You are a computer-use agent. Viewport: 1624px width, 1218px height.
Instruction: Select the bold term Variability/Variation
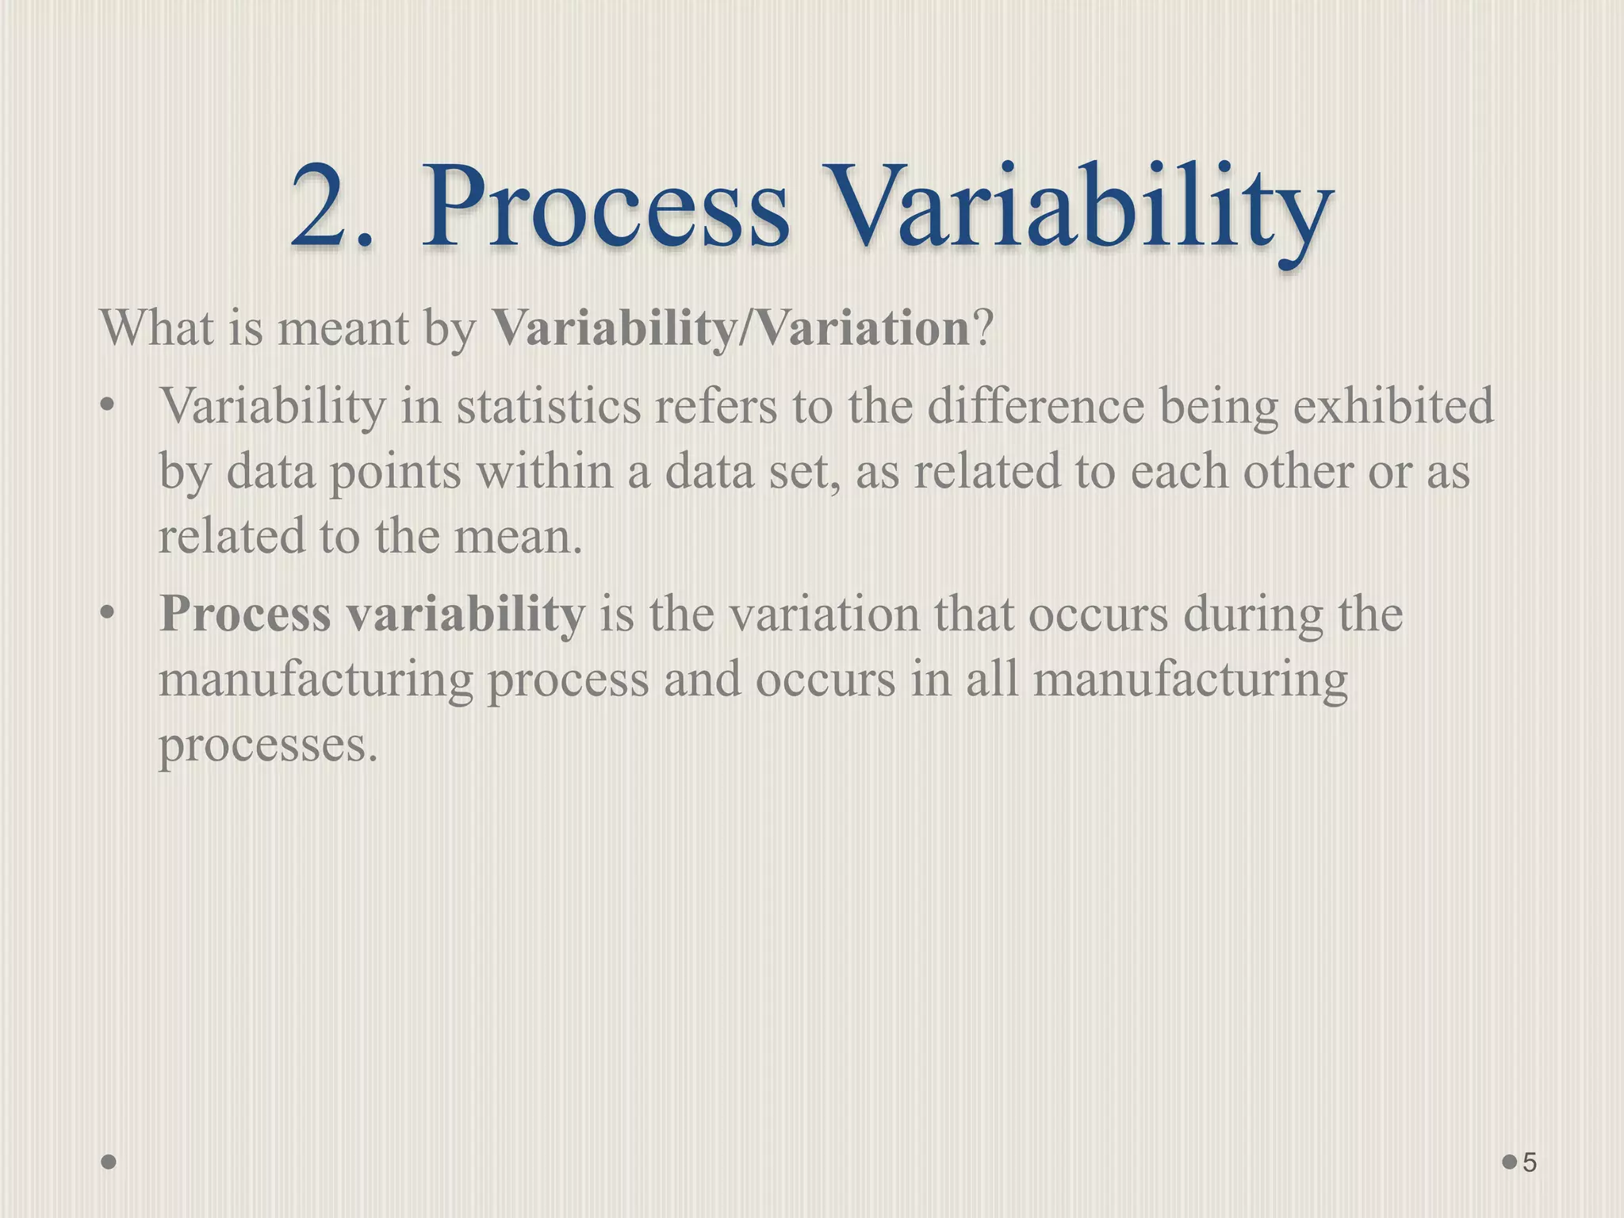point(730,328)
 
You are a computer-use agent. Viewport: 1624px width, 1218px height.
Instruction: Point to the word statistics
point(548,406)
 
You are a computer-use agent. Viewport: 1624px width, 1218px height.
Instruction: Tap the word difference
point(1036,406)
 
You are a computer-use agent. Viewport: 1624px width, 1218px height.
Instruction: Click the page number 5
point(1530,1162)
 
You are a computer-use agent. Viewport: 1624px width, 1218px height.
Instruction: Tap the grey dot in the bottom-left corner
point(109,1162)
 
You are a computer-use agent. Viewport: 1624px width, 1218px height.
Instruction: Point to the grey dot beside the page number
point(1510,1162)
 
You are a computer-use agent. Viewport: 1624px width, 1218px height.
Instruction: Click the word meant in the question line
point(341,328)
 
